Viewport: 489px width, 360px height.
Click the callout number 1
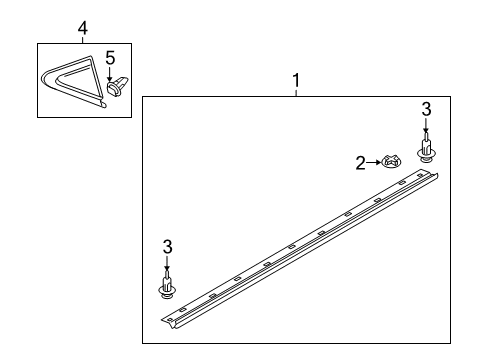coord(296,81)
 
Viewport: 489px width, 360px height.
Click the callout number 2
coord(360,163)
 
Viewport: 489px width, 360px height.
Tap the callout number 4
coord(83,28)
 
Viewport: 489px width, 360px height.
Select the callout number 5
coord(110,58)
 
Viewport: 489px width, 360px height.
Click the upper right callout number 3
coord(426,109)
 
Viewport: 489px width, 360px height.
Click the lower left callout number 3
coord(168,247)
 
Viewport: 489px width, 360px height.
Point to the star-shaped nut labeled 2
coord(391,161)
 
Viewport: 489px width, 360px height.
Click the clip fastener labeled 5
coord(117,87)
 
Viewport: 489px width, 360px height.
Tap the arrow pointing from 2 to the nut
coord(373,162)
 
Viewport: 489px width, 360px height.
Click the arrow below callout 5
coord(110,74)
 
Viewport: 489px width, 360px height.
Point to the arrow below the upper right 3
coord(426,126)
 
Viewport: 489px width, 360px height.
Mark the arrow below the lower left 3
coord(167,263)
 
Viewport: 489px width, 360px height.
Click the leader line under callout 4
coord(83,40)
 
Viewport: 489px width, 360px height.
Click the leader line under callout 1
coord(296,93)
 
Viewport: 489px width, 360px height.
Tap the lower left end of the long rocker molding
coord(167,323)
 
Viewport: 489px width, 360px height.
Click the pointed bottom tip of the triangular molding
coord(105,106)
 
